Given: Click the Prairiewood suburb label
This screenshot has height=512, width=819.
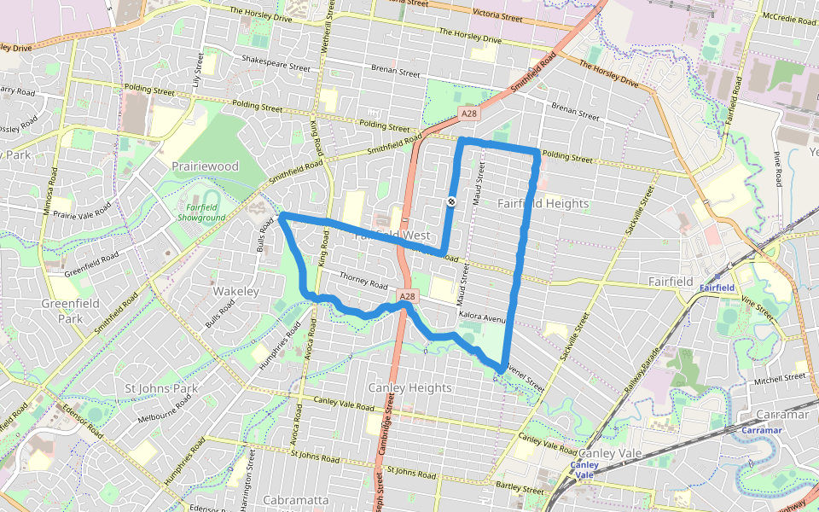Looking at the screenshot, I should click(x=205, y=166).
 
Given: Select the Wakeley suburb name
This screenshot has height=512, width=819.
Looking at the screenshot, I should click(x=235, y=291).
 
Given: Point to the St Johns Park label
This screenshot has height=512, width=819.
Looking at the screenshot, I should click(x=161, y=388).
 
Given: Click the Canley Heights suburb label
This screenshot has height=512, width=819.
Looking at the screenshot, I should click(x=409, y=387).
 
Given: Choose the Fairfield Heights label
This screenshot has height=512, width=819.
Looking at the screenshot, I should click(x=543, y=203).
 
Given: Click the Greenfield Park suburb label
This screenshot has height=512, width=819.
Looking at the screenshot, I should click(x=70, y=311).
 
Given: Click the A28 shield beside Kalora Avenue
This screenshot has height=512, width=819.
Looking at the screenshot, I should click(x=408, y=296).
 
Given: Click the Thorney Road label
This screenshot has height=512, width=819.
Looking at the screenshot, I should click(x=363, y=279).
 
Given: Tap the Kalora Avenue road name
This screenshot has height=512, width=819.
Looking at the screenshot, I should click(x=483, y=317).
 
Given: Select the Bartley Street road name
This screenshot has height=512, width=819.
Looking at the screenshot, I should click(x=520, y=489).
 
